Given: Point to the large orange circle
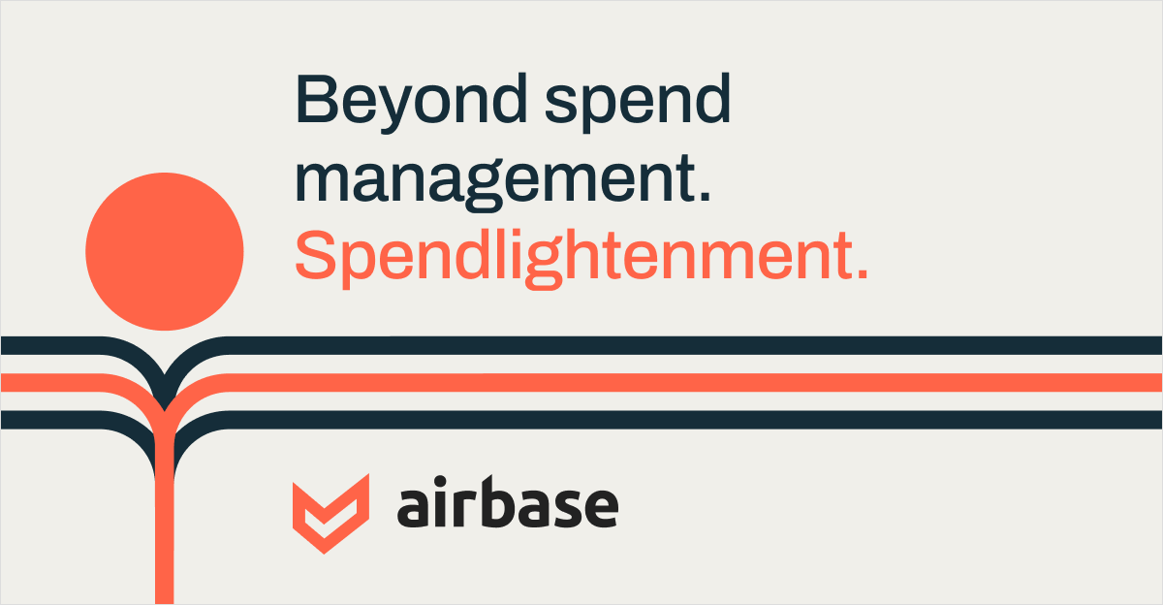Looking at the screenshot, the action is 164,251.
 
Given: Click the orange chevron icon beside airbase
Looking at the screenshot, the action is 330,513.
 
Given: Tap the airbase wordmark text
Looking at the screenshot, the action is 508,501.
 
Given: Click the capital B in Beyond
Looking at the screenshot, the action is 317,99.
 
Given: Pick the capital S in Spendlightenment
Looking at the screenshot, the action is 315,254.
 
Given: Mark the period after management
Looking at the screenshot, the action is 705,196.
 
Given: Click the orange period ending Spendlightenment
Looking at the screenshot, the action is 863,274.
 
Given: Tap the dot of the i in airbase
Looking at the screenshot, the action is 455,481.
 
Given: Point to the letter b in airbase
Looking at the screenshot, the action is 501,501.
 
